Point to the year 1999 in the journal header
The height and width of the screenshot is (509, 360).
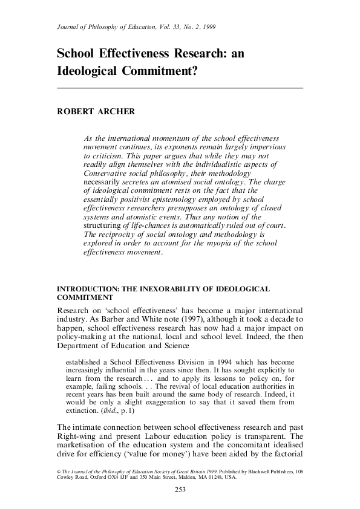(x=207, y=28)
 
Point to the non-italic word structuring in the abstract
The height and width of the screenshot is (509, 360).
(x=103, y=225)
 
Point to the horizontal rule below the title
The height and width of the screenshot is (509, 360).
(x=180, y=88)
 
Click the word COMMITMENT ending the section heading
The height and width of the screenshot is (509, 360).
(x=84, y=299)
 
